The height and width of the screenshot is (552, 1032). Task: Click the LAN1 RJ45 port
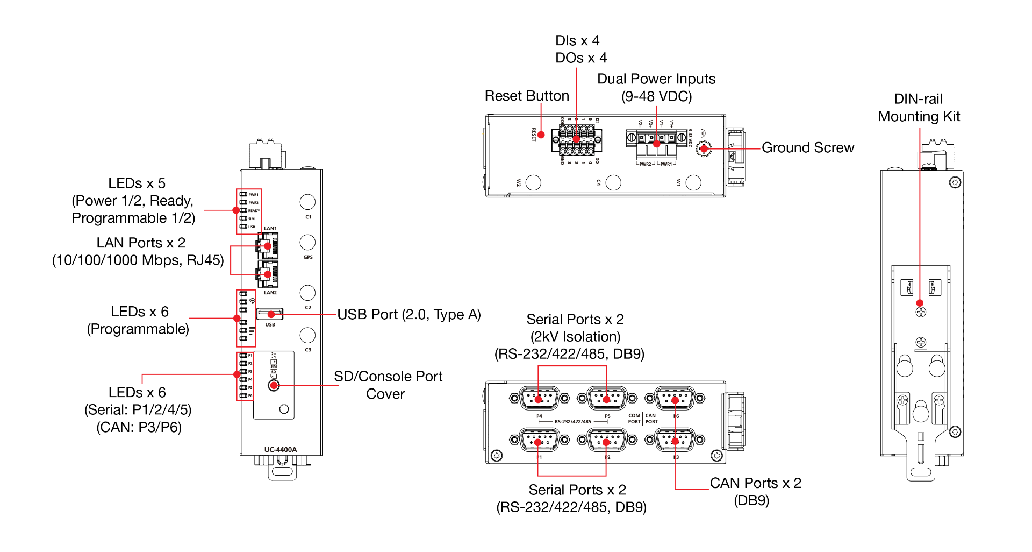pyautogui.click(x=268, y=246)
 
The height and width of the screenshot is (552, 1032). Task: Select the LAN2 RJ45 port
pyautogui.click(x=268, y=274)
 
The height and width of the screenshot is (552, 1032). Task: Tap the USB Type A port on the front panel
pyautogui.click(x=270, y=314)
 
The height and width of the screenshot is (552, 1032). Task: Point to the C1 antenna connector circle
pyautogui.click(x=307, y=202)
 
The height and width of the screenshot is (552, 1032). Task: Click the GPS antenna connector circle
pyautogui.click(x=307, y=242)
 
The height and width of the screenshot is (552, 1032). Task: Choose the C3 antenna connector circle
pyautogui.click(x=307, y=335)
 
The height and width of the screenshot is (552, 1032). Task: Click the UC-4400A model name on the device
pyautogui.click(x=281, y=450)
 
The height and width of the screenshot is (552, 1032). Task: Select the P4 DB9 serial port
pyautogui.click(x=539, y=399)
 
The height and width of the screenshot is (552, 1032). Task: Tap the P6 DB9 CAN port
pyautogui.click(x=675, y=399)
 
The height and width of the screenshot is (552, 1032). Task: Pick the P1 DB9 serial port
pyautogui.click(x=539, y=441)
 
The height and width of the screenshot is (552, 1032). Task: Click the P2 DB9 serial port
pyautogui.click(x=607, y=441)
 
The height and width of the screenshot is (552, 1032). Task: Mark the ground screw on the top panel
pyautogui.click(x=704, y=148)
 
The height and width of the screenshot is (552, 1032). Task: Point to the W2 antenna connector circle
pyautogui.click(x=533, y=183)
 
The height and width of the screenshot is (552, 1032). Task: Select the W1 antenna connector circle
pyautogui.click(x=693, y=183)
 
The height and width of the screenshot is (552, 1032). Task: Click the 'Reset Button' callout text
pyautogui.click(x=527, y=96)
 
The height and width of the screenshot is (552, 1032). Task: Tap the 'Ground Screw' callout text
pyautogui.click(x=808, y=147)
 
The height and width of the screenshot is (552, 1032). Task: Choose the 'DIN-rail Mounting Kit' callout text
pyautogui.click(x=919, y=108)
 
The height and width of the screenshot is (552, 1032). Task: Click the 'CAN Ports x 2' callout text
pyautogui.click(x=755, y=483)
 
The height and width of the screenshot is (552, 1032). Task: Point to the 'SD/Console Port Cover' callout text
pyautogui.click(x=388, y=385)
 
